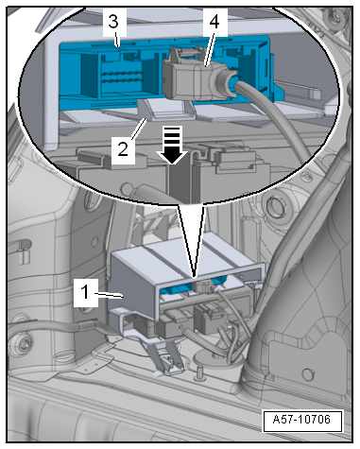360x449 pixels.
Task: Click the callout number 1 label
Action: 85,292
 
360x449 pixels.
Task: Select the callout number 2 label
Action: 123,148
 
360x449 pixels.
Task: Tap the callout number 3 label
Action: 113,22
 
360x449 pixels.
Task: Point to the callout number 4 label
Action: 215,22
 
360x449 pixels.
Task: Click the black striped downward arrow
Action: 172,145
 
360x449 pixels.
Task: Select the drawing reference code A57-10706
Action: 302,420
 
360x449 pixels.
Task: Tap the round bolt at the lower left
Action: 23,344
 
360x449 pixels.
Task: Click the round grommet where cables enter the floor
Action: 217,359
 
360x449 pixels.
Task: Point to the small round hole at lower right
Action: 307,374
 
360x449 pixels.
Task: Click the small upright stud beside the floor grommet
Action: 198,371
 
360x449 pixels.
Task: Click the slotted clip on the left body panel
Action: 23,252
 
